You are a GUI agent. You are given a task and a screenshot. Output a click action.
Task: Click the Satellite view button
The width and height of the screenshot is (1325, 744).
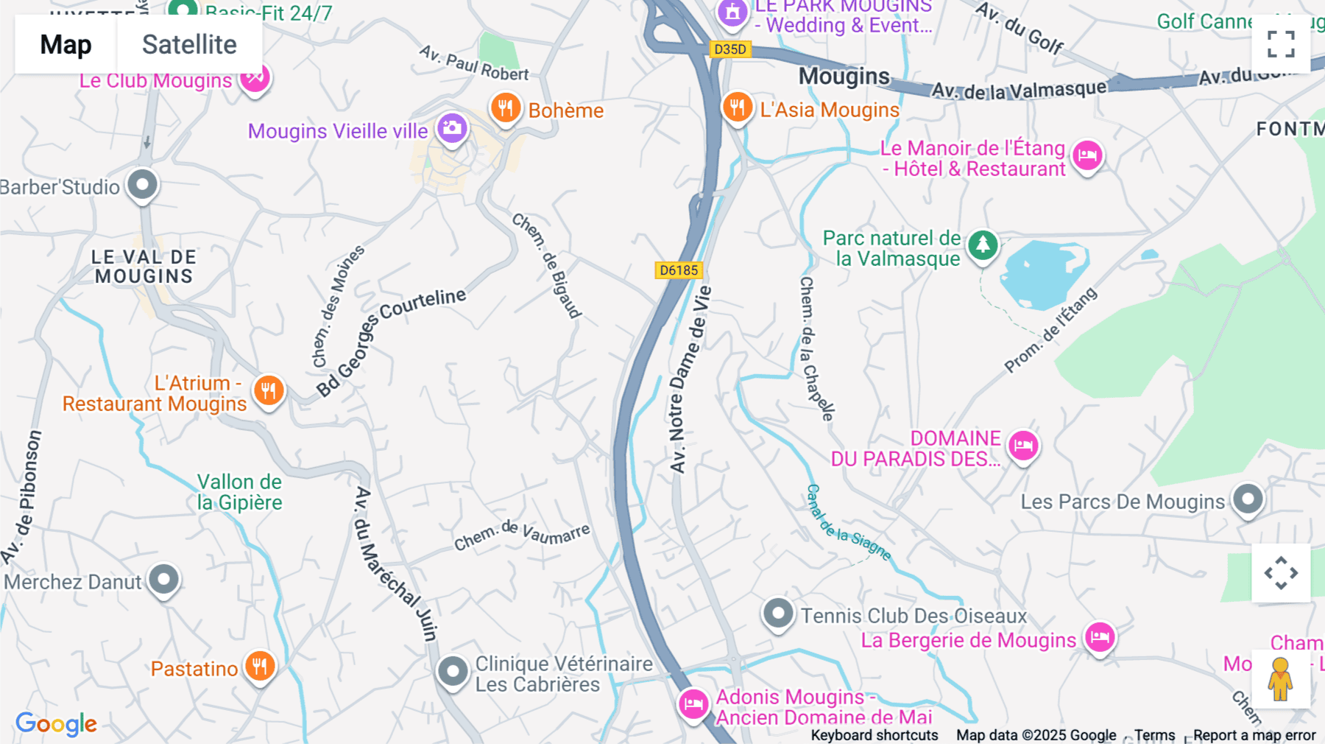coord(189,45)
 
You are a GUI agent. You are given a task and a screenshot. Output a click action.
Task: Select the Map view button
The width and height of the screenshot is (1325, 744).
coord(66,45)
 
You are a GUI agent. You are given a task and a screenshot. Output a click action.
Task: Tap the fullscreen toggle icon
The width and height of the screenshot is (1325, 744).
coord(1281,44)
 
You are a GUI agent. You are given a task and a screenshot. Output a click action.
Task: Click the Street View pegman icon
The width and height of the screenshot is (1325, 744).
coord(1280,678)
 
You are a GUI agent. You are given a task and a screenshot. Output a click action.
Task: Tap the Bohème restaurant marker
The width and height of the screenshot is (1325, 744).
coord(506,108)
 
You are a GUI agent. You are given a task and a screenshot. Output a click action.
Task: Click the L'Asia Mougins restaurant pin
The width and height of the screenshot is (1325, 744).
coord(737,108)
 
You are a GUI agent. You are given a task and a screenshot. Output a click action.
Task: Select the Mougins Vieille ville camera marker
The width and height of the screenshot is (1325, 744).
coord(452,129)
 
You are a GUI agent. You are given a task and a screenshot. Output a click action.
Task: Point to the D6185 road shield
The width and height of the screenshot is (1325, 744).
coord(679,270)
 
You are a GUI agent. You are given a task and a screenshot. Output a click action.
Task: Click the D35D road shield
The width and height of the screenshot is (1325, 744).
coord(730,49)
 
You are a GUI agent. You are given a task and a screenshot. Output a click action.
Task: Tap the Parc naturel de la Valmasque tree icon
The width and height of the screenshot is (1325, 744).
coord(983,245)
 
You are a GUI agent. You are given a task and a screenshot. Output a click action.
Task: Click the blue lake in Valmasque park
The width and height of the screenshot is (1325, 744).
coord(1042,273)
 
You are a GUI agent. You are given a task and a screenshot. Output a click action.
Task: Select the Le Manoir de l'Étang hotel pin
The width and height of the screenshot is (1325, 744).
coord(1086,156)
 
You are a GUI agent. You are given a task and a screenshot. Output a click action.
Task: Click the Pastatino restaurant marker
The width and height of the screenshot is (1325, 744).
coord(259,667)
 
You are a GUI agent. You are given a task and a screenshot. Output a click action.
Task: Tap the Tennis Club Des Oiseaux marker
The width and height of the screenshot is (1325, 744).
coord(778,613)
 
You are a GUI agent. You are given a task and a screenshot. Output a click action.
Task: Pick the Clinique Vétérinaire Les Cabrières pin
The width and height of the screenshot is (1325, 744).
coord(453,672)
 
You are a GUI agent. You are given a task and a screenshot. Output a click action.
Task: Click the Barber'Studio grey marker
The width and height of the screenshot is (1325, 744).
coord(142,184)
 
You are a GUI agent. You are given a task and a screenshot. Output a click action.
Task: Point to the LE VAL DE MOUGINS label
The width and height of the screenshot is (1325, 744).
coord(144,267)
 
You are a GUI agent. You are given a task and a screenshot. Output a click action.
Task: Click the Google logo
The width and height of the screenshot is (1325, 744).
coord(56,723)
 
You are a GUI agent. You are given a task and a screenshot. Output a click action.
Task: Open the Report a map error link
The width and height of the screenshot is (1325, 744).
coord(1254,735)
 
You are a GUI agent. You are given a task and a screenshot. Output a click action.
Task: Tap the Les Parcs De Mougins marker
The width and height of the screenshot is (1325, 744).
coord(1248,499)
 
